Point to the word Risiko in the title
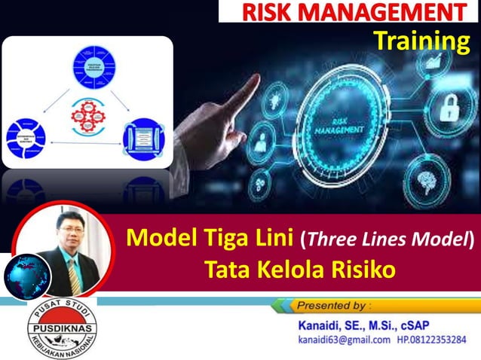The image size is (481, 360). tap(360, 269)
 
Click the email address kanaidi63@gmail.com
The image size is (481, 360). tap(343, 340)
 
